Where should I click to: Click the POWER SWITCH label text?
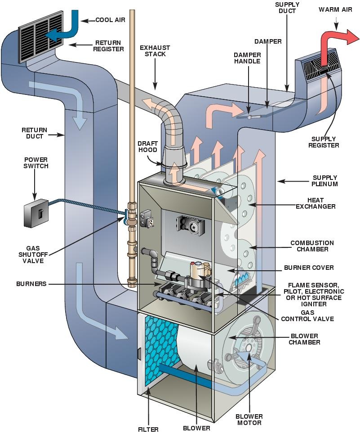coord(36,162)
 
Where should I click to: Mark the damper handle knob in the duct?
coord(249,116)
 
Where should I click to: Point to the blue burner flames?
coord(243,279)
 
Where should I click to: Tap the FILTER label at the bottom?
coord(148,429)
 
